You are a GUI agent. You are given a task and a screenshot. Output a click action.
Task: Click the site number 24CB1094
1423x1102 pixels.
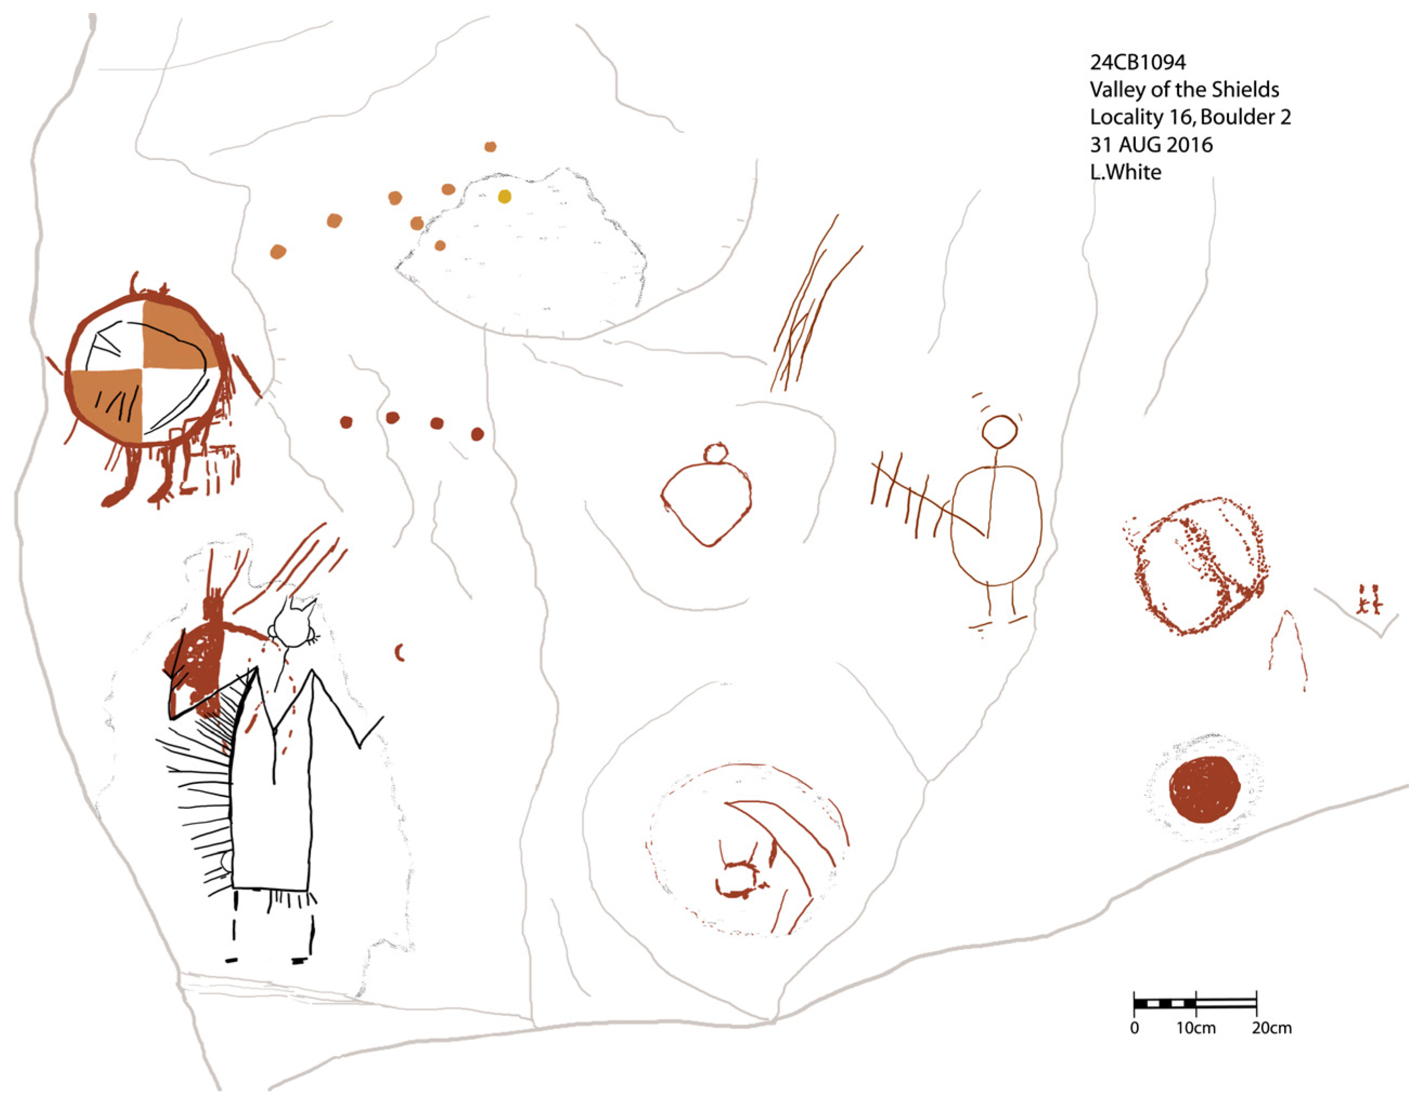click(x=1137, y=62)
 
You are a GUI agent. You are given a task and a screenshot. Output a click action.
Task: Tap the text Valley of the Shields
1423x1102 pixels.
click(x=1184, y=89)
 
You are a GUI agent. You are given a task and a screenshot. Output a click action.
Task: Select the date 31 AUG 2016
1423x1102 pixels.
click(x=1150, y=145)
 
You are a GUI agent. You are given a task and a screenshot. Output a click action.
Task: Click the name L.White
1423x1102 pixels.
click(x=1126, y=172)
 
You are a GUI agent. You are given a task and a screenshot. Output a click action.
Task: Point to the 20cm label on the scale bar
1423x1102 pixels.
click(x=1271, y=1028)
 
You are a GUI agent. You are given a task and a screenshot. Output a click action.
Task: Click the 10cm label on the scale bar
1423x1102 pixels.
click(x=1195, y=1028)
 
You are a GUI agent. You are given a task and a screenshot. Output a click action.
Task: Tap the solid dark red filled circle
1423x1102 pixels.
click(x=1204, y=789)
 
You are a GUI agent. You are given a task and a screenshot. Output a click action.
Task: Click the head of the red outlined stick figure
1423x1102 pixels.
click(x=999, y=431)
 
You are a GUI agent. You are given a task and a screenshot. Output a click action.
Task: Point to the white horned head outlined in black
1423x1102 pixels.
click(x=293, y=626)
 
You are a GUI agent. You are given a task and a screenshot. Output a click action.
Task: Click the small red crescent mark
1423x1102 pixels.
click(x=400, y=652)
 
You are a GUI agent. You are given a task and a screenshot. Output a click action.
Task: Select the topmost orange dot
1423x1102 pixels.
click(x=490, y=147)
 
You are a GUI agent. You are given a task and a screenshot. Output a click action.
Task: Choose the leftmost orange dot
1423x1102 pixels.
click(x=278, y=252)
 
